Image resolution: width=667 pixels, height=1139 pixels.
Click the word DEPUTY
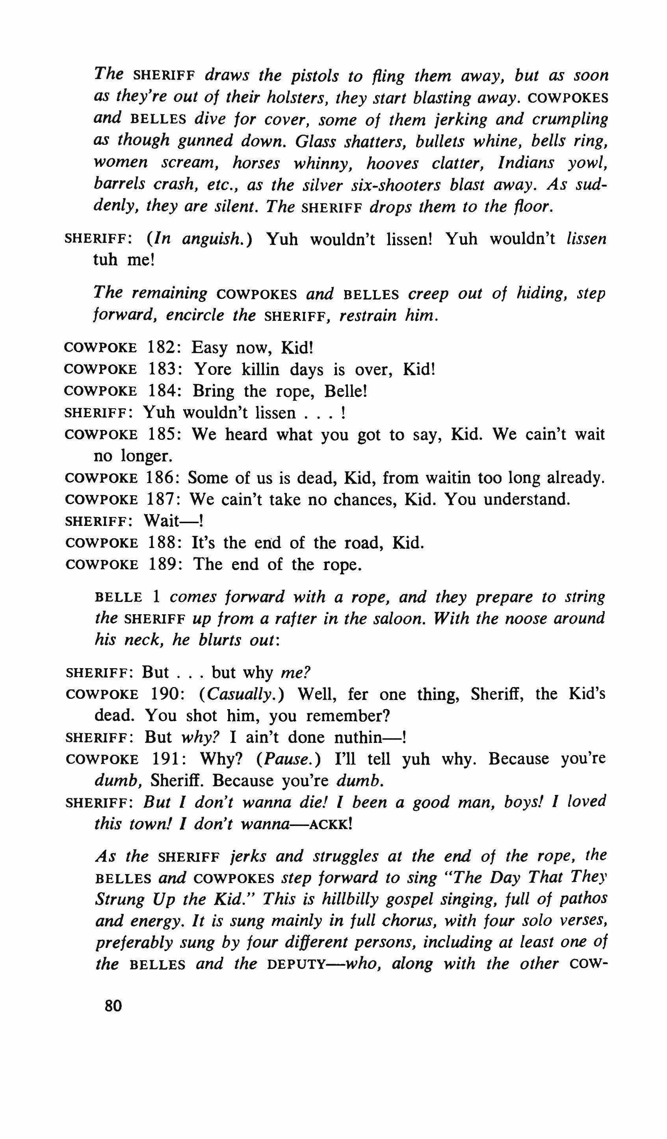297,965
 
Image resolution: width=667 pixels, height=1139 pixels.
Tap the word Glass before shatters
315,141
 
